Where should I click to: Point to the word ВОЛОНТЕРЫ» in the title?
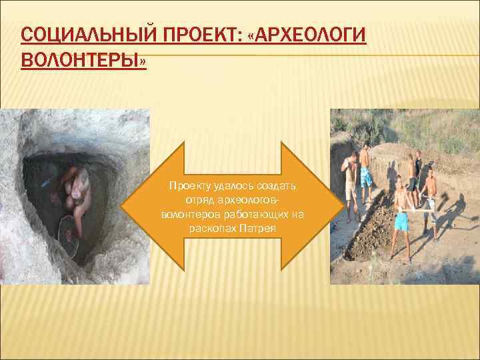point(84,61)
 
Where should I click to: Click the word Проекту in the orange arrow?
point(187,185)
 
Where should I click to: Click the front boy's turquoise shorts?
point(401,221)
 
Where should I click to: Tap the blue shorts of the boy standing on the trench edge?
point(366,177)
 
